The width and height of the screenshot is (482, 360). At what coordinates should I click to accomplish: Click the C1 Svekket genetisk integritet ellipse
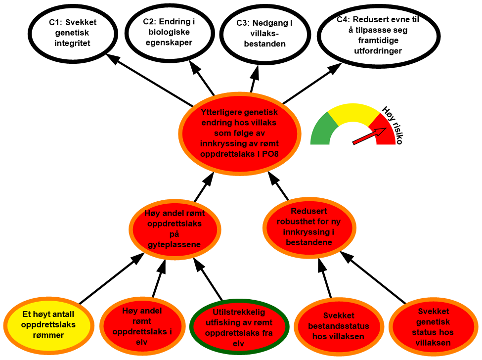click(72, 33)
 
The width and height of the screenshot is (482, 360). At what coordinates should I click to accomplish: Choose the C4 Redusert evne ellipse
click(378, 36)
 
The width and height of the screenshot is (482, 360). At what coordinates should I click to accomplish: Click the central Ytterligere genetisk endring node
click(239, 133)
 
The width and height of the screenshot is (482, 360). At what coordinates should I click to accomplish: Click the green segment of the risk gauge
click(320, 130)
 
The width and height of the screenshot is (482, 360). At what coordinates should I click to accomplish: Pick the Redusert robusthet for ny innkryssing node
click(308, 227)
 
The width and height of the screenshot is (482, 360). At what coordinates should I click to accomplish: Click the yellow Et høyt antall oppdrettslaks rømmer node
click(48, 324)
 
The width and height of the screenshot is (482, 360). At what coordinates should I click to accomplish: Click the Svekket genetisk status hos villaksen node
click(434, 327)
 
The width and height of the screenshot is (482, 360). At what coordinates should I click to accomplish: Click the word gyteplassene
click(175, 245)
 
